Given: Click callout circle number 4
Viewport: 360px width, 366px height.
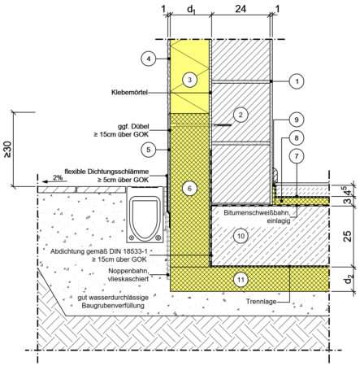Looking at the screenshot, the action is coord(149,59).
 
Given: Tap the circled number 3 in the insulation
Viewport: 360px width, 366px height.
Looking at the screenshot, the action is coord(189,80).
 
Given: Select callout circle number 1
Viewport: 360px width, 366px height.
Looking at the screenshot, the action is coord(297,81).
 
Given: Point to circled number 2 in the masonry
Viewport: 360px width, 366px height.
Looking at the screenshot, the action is coord(241,115).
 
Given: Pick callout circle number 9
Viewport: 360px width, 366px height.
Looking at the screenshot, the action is coord(297,120).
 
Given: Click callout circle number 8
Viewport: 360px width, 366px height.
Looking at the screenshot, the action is coord(297,138).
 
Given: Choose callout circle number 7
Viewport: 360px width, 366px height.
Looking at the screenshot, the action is coord(297,156).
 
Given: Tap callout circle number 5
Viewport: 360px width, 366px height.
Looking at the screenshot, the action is coord(149,150).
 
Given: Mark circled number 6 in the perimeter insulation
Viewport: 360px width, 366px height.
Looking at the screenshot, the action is coord(189,188).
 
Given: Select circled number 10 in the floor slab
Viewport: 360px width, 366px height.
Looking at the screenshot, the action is coord(241,236).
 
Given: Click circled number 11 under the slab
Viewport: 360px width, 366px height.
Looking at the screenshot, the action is coord(241,280).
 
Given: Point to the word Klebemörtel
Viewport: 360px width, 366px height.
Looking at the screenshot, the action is coord(129,93).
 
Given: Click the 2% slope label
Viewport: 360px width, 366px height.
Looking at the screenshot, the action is coord(58,177).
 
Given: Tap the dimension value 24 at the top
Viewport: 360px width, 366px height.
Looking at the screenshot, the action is coord(241,9).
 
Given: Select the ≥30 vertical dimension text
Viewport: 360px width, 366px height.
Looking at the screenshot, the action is coord(7,150).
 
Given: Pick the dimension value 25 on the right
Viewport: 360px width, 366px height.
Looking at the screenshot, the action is coord(348,236).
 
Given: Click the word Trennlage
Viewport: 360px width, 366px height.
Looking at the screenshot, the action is coord(261,302).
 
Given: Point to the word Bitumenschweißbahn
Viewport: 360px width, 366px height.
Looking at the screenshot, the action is coord(257,213).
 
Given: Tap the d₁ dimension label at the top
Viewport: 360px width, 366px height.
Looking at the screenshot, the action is coord(191,10).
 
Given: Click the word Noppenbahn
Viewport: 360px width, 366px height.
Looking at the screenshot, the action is coord(128,271).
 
